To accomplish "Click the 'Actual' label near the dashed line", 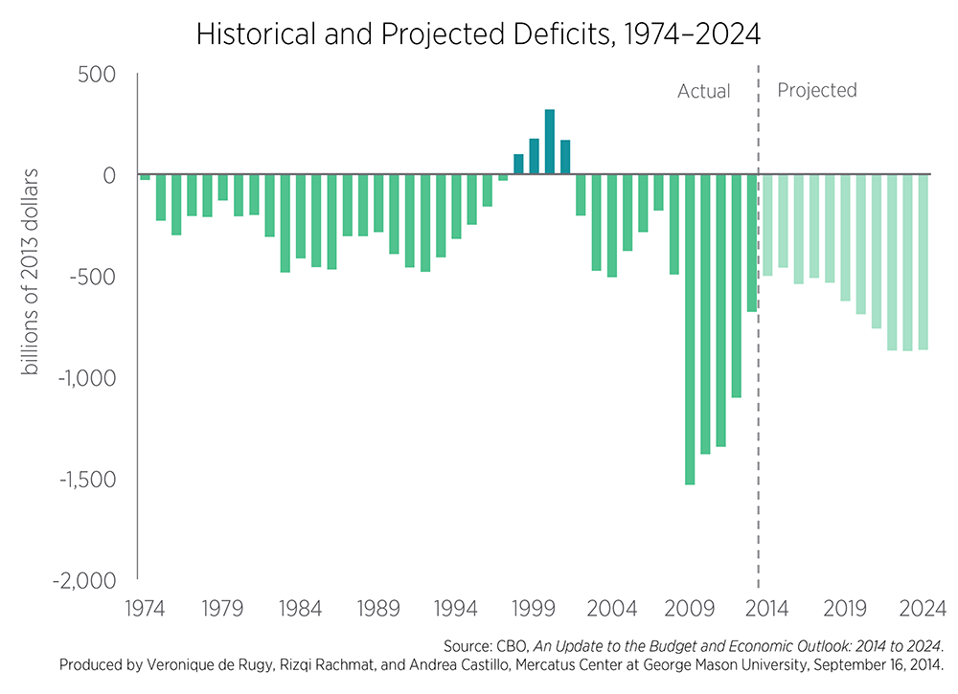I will (x=703, y=92).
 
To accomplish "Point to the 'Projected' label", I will (x=816, y=91).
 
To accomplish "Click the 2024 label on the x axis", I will (x=923, y=608).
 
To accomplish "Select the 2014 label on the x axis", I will (x=766, y=608).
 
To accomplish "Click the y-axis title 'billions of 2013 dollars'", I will (x=32, y=273).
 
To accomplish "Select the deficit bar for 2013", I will (x=752, y=243).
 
